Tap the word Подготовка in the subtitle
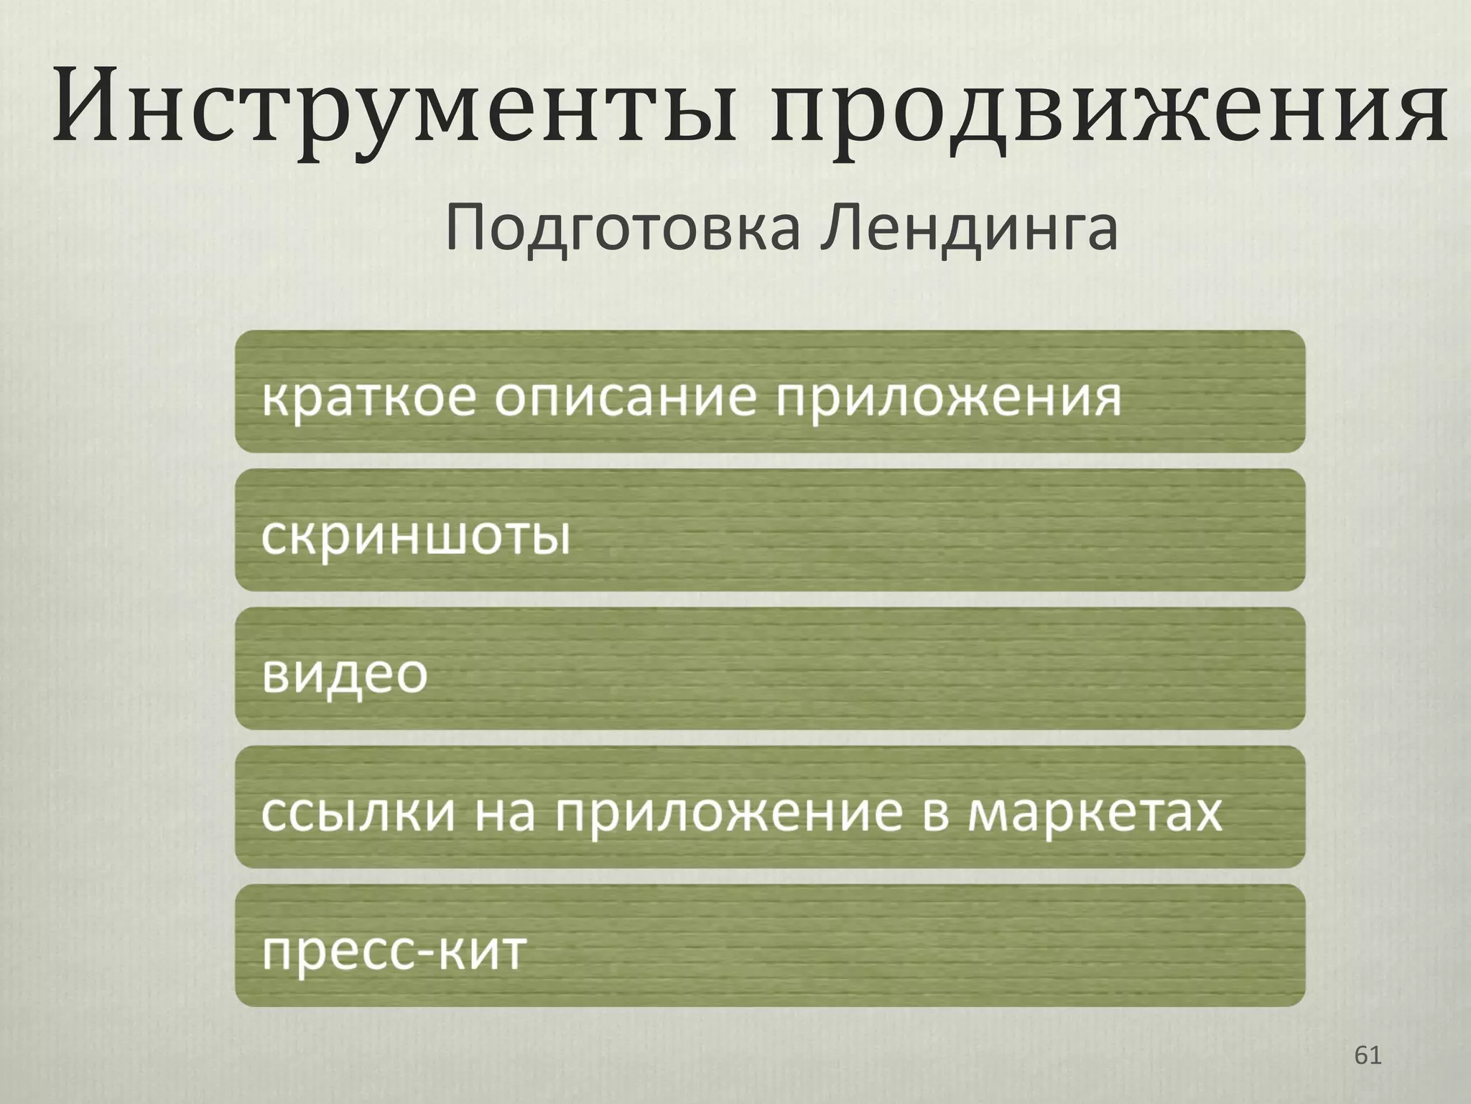click(x=621, y=229)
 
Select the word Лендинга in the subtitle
click(x=970, y=229)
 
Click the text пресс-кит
click(x=394, y=951)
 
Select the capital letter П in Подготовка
click(x=469, y=229)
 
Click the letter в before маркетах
click(x=936, y=813)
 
